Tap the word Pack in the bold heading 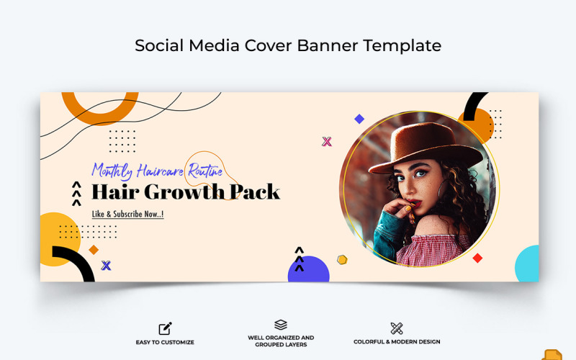[255, 192]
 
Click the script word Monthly [116, 171]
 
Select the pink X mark [327, 141]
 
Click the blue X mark [106, 266]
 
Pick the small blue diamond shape [359, 119]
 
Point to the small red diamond [477, 258]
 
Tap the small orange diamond [94, 250]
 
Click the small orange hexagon [342, 259]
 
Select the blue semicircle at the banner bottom [308, 271]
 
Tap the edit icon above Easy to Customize [165, 328]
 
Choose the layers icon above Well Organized [281, 325]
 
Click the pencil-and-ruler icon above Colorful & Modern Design [397, 328]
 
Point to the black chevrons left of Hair [76, 194]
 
